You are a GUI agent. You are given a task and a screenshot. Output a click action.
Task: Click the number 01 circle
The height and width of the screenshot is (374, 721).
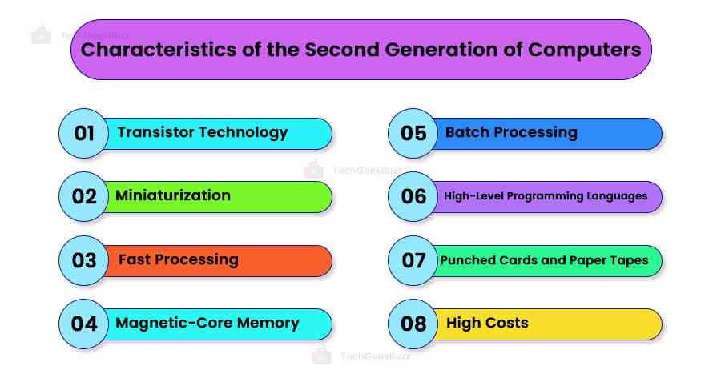[x=84, y=133]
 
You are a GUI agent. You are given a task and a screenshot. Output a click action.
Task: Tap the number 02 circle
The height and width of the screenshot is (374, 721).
[x=84, y=196]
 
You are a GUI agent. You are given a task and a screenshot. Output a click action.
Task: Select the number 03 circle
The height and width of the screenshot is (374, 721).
[x=84, y=260]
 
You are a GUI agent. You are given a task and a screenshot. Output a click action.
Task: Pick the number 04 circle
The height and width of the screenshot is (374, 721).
[x=84, y=324]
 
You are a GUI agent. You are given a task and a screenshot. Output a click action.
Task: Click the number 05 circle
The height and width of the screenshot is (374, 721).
[x=413, y=133]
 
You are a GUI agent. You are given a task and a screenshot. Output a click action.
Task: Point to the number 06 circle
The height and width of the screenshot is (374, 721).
[x=413, y=196]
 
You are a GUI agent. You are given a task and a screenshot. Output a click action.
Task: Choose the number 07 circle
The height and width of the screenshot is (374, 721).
[x=413, y=260]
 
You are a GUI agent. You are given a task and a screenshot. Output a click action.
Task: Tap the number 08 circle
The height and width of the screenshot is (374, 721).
[x=413, y=324]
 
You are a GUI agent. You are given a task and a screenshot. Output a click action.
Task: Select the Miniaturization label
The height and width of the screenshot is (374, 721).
[x=173, y=195]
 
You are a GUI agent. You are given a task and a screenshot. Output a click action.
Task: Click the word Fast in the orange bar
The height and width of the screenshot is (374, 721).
[x=135, y=259]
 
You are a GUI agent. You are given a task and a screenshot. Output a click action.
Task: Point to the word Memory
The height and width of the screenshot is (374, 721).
[x=264, y=323]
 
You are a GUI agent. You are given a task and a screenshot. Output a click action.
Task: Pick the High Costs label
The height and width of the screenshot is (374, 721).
[x=487, y=323]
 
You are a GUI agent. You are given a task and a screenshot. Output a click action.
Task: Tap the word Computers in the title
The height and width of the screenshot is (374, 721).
[x=585, y=50]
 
